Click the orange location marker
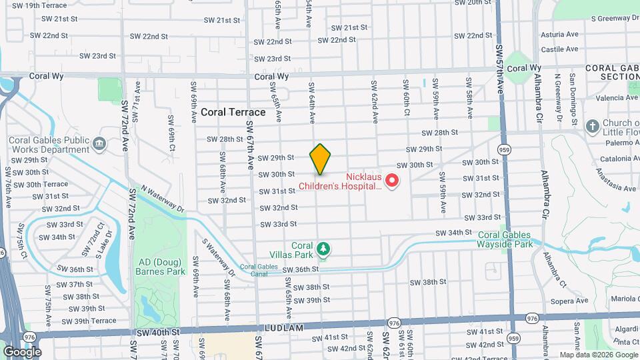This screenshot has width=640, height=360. coord(320,159)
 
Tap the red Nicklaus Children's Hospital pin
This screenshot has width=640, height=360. coord(393,180)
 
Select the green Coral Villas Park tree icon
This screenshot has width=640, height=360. coord(323,249)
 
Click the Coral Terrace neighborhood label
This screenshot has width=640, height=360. coord(233,112)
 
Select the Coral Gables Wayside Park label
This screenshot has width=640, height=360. coord(504,239)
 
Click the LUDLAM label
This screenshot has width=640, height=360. coord(285,328)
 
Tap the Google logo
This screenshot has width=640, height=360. coord(21,351)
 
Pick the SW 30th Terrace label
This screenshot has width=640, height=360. coord(47,184)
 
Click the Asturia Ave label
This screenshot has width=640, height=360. coord(559,34)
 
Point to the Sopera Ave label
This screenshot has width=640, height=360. coord(569,301)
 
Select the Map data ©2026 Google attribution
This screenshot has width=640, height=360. coord(598,355)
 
